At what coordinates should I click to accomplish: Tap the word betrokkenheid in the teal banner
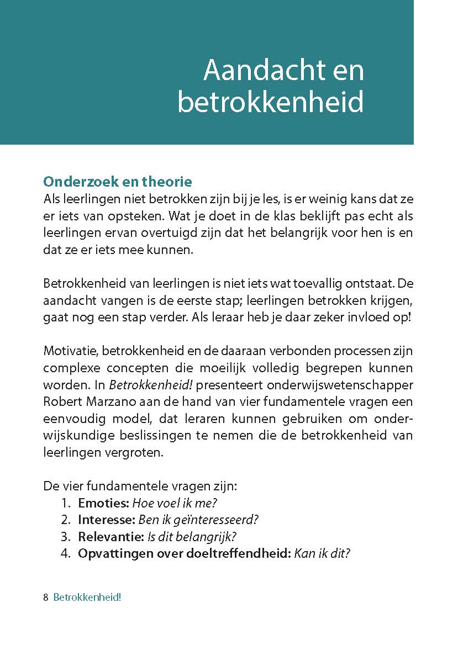(271, 103)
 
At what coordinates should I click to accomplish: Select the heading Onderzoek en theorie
(117, 182)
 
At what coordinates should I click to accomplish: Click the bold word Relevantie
(110, 537)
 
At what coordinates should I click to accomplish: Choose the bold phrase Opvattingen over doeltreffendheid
(184, 553)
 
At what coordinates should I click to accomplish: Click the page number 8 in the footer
(45, 598)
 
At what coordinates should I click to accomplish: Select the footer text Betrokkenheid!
(87, 598)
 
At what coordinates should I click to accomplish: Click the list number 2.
(66, 520)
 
